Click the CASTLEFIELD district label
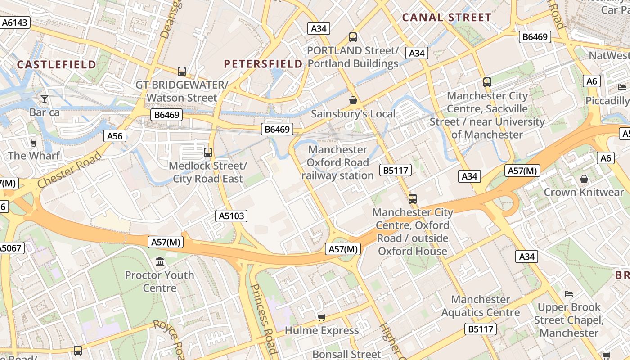tap(57, 64)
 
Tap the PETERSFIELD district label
tap(263, 64)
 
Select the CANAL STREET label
tap(446, 18)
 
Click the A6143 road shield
tap(15, 22)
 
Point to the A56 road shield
tap(115, 136)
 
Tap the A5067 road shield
tap(10, 248)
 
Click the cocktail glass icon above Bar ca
tap(45, 99)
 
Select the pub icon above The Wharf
tap(33, 143)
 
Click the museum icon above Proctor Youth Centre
tap(160, 262)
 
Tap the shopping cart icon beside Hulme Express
tap(321, 318)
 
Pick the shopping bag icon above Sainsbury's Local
tap(353, 100)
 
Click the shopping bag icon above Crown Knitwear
tap(584, 179)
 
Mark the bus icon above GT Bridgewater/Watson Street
tap(182, 71)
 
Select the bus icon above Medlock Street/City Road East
tap(207, 152)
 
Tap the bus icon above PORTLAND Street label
tap(353, 37)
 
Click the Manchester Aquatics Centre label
tap(480, 306)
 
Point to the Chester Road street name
tap(69, 170)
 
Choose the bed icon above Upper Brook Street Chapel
tap(569, 294)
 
